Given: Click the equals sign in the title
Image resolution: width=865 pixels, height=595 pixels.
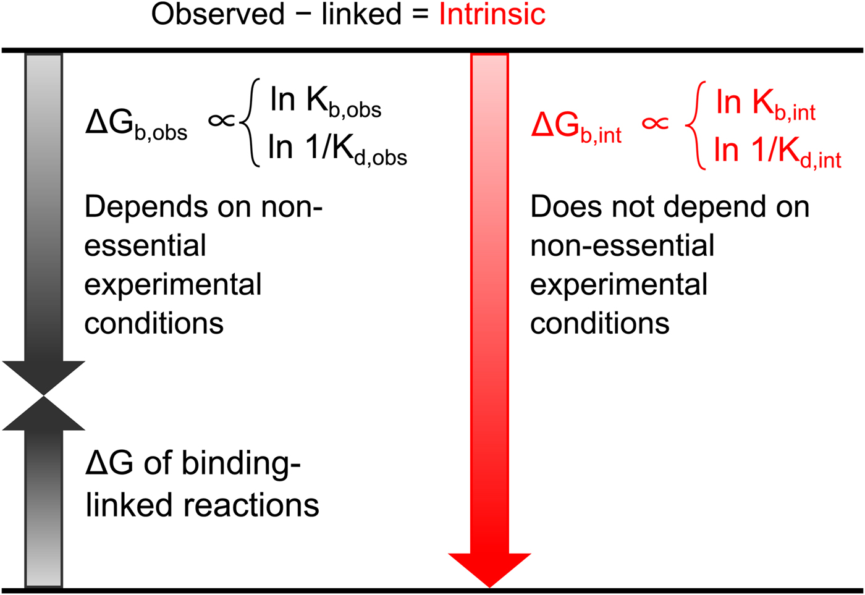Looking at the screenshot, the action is click(420, 15).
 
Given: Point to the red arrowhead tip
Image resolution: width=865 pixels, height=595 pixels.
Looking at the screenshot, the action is click(489, 588).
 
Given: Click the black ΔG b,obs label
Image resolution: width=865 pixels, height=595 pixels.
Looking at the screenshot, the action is click(137, 124).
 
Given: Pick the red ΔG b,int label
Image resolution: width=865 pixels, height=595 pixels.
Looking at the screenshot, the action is click(576, 127).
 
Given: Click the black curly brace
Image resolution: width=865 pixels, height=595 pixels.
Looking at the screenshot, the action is click(250, 123).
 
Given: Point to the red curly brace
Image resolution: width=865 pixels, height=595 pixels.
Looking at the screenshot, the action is click(696, 125).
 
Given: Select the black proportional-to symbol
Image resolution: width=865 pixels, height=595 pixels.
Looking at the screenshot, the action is click(222, 120).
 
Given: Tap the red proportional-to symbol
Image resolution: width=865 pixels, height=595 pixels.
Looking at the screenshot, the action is click(656, 123).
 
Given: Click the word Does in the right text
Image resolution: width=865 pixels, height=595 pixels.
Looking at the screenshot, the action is click(567, 207).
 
